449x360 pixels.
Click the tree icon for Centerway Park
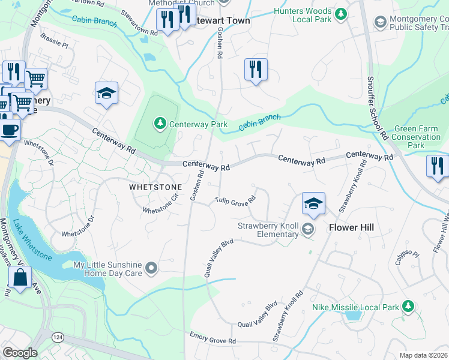[x=160, y=124]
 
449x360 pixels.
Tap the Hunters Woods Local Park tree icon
[x=341, y=13]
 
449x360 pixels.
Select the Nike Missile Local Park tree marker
[x=408, y=307]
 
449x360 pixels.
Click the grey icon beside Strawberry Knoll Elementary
[x=308, y=229]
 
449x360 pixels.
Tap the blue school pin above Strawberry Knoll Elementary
[x=313, y=204]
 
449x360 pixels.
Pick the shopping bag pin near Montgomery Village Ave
[x=20, y=278]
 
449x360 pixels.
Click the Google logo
[x=19, y=353]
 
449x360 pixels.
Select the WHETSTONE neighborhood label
[x=155, y=187]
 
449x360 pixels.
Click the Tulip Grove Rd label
[x=236, y=201]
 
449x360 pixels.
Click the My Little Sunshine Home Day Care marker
[x=151, y=268]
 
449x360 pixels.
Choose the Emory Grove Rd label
[x=212, y=338]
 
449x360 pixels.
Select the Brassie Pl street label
[x=56, y=44]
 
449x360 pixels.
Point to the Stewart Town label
[x=215, y=20]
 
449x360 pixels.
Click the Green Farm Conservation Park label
[x=416, y=137]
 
